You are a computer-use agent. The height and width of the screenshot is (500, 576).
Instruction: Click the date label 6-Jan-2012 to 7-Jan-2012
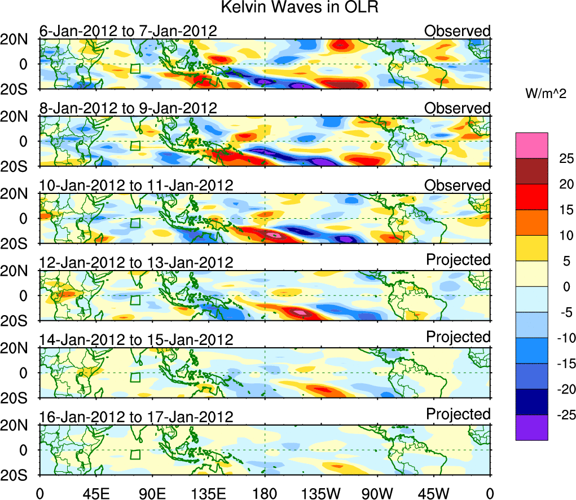coord(127,31)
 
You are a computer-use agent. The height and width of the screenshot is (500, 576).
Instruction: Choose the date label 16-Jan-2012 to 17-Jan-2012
coord(136,417)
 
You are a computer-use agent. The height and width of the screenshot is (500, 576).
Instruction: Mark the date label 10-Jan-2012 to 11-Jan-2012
coord(136,185)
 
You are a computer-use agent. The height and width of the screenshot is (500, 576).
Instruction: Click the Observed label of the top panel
coord(457,31)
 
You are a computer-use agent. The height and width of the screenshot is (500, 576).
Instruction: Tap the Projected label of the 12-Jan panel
coord(458,259)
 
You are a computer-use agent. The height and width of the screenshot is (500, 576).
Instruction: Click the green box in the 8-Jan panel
coord(135,145)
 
